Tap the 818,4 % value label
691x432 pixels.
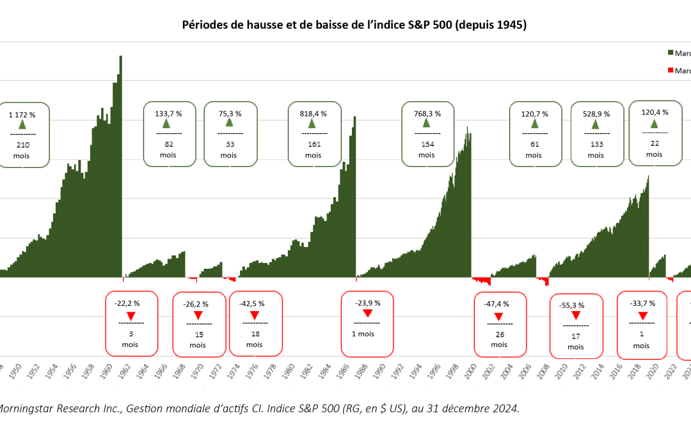click(313, 113)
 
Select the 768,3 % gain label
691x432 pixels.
click(427, 113)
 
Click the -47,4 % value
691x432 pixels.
click(499, 304)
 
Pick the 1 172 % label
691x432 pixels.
click(22, 115)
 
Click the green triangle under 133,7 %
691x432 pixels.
click(168, 124)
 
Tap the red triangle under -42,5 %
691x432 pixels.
click(254, 315)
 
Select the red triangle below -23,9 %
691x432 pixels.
click(367, 313)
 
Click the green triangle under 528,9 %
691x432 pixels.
click(596, 124)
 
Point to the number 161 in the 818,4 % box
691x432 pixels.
click(313, 144)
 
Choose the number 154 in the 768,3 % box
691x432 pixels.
click(427, 144)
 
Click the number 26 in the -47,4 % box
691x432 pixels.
click(499, 334)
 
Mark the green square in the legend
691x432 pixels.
click(671, 52)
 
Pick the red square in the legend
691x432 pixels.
click(671, 70)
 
